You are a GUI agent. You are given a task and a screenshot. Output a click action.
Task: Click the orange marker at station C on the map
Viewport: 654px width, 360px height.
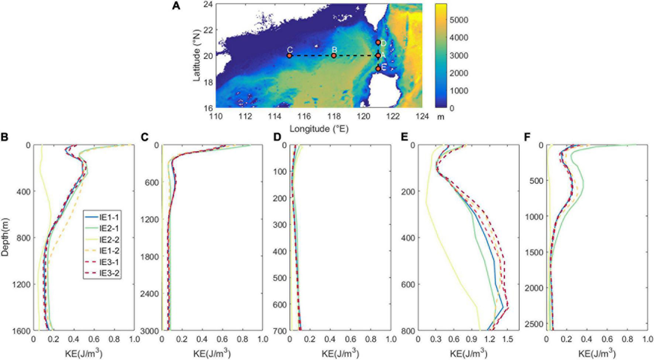point(289,56)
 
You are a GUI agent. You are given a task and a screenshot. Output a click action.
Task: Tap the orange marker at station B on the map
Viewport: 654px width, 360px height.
point(334,56)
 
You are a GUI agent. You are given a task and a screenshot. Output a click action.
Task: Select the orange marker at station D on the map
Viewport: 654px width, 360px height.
point(378,42)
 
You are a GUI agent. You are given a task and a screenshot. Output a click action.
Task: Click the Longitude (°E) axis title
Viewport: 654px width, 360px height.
point(319,129)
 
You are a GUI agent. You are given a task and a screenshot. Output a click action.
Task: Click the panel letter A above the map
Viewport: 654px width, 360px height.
point(176,6)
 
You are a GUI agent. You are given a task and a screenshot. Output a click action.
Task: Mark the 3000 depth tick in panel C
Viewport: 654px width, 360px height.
point(150,330)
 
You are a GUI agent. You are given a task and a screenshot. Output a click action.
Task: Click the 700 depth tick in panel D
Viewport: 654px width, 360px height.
point(280,330)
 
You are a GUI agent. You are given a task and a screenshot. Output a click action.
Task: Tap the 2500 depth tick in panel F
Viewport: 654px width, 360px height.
point(534,324)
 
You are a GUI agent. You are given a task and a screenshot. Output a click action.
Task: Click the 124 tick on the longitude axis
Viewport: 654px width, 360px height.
point(422,117)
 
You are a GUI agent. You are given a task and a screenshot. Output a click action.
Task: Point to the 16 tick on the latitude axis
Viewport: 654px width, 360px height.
point(209,108)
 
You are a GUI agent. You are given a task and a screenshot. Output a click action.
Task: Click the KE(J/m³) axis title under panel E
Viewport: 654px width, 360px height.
point(468,354)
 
